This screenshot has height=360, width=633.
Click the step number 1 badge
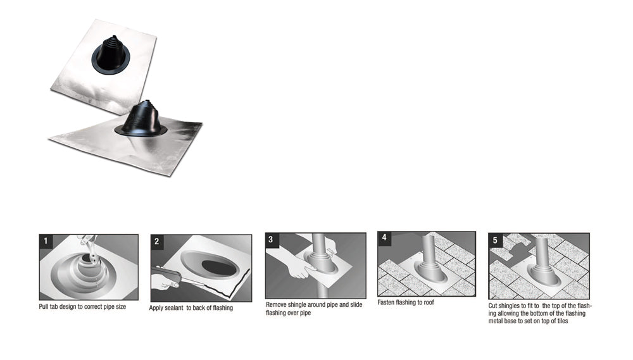pyautogui.click(x=45, y=240)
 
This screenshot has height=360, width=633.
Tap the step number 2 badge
pyautogui.click(x=157, y=241)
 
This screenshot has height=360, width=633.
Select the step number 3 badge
pyautogui.click(x=271, y=239)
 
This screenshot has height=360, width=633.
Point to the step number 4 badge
pyautogui.click(x=384, y=238)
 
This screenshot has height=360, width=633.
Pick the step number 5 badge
pyautogui.click(x=495, y=240)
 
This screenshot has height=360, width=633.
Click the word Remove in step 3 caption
pyautogui.click(x=277, y=305)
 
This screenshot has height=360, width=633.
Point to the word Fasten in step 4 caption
pyautogui.click(x=387, y=302)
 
